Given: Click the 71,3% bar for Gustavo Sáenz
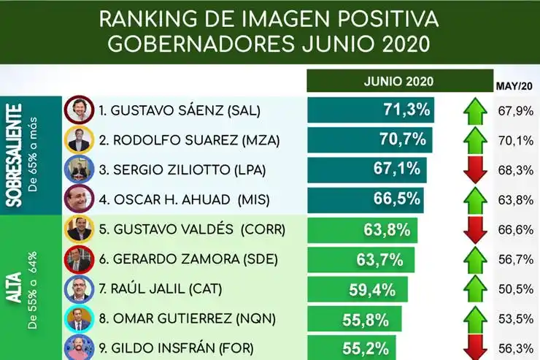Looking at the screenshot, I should click(x=371, y=110).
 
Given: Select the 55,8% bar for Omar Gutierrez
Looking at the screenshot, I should click(x=354, y=319).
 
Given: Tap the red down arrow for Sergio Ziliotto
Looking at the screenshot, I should click(x=475, y=170).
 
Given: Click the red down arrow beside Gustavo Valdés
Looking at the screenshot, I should click(x=475, y=229).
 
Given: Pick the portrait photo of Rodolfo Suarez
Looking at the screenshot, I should click(x=77, y=140).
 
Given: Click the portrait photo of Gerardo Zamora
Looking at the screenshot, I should click(x=77, y=259).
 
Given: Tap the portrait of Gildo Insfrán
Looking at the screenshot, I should click(x=77, y=346).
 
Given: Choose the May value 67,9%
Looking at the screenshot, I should click(x=516, y=111).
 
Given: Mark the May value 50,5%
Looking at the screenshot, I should click(x=516, y=289).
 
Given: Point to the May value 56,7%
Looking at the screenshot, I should click(x=516, y=259).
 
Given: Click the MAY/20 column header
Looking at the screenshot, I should click(x=514, y=86).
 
